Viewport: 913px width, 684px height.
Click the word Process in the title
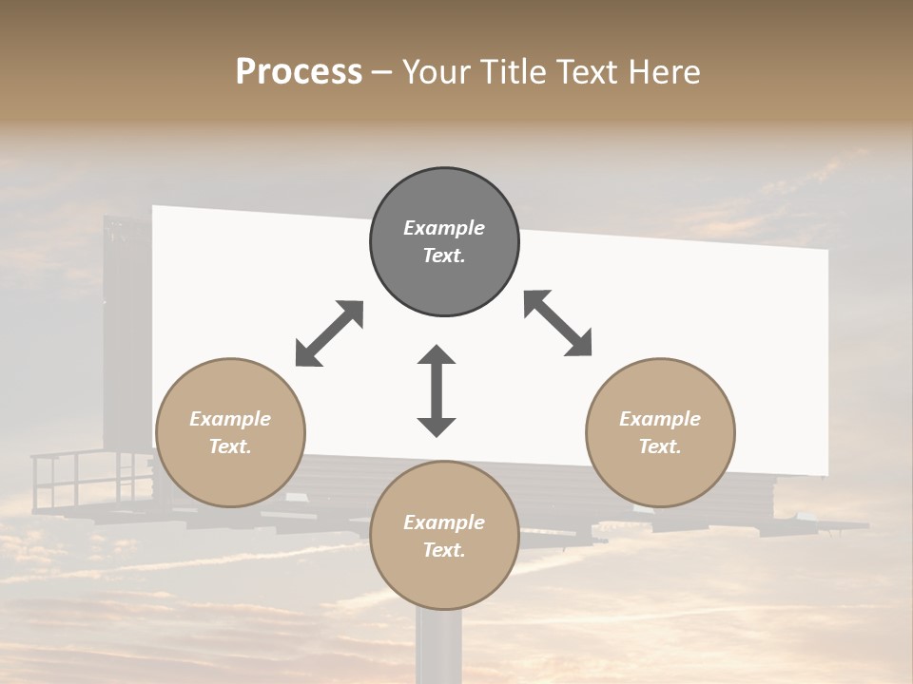pyautogui.click(x=299, y=72)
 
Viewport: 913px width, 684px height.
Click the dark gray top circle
pyautogui.click(x=444, y=242)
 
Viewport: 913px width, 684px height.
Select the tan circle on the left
pyautogui.click(x=230, y=432)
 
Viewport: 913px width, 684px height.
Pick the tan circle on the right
pyautogui.click(x=660, y=432)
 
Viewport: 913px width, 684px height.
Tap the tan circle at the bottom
pyautogui.click(x=444, y=535)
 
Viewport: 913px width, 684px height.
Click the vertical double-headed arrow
pyautogui.click(x=437, y=390)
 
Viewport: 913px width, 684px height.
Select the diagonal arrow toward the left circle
pyautogui.click(x=329, y=333)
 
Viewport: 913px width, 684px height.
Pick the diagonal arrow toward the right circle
pyautogui.click(x=557, y=324)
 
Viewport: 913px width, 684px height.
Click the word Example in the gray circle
pyautogui.click(x=444, y=228)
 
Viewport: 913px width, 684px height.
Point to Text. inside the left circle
pyautogui.click(x=230, y=446)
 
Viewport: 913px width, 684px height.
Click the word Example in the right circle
pyautogui.click(x=660, y=419)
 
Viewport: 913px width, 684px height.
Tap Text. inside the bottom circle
pyautogui.click(x=444, y=550)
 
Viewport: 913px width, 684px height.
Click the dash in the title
pyautogui.click(x=382, y=73)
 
